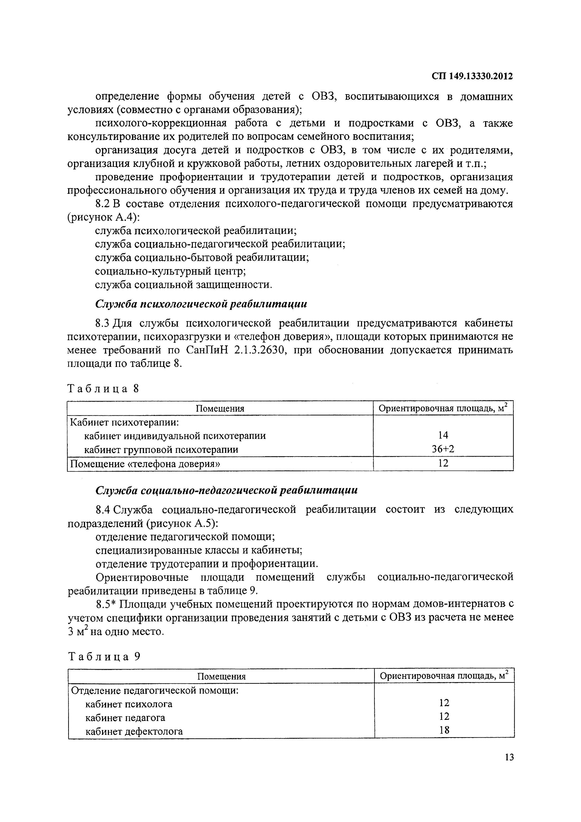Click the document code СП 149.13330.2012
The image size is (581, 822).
coord(472,76)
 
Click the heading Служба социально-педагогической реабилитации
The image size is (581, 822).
coord(226,490)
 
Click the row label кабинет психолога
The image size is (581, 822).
coord(129,704)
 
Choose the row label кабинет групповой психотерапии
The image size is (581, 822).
coord(161,449)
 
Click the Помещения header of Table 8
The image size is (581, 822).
coord(220,408)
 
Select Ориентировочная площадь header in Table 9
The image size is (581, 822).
coord(444,676)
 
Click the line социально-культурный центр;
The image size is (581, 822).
coord(170,271)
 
